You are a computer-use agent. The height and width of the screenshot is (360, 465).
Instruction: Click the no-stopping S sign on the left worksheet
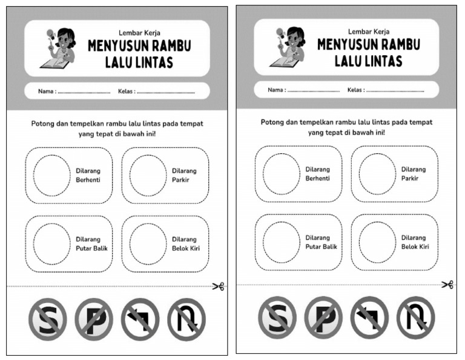47,319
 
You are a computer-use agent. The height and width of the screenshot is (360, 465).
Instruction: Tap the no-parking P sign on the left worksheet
94,319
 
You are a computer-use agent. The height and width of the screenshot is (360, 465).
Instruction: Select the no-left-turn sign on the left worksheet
140,319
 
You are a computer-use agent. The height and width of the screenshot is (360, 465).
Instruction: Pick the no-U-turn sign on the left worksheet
186,319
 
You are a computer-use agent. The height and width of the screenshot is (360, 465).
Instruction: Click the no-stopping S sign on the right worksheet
277,318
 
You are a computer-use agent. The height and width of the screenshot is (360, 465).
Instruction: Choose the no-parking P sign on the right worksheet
323,318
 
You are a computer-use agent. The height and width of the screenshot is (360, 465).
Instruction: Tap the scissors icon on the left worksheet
218,286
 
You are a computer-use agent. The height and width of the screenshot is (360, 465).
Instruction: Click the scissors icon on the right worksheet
447,284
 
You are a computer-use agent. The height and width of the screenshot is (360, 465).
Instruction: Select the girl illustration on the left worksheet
61,48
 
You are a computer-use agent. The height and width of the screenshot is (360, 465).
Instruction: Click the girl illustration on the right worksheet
290,47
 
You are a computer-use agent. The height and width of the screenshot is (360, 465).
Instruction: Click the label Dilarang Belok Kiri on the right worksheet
415,242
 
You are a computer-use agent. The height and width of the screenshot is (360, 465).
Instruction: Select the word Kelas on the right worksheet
355,90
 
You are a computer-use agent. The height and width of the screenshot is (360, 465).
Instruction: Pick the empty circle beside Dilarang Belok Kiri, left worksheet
148,244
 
